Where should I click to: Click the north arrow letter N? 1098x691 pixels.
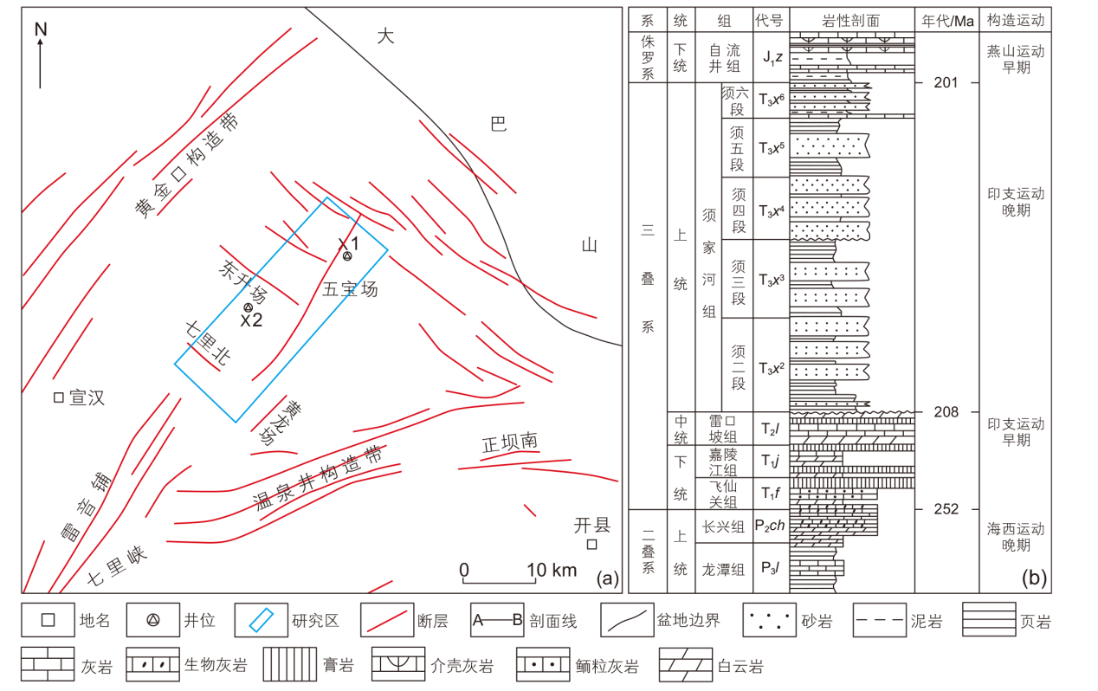pyautogui.click(x=41, y=29)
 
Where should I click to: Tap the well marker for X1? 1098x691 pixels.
pyautogui.click(x=347, y=255)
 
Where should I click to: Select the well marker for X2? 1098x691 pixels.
pyautogui.click(x=248, y=307)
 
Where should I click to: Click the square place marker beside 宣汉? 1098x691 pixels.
pyautogui.click(x=59, y=397)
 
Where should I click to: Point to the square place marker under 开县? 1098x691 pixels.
pyautogui.click(x=592, y=544)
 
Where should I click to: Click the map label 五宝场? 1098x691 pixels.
pyautogui.click(x=350, y=289)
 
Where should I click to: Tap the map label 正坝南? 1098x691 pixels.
pyautogui.click(x=510, y=442)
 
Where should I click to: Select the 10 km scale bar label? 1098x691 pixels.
pyautogui.click(x=552, y=570)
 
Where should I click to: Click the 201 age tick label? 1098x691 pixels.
pyautogui.click(x=946, y=82)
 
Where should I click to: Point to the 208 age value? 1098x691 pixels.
pyautogui.click(x=946, y=411)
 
